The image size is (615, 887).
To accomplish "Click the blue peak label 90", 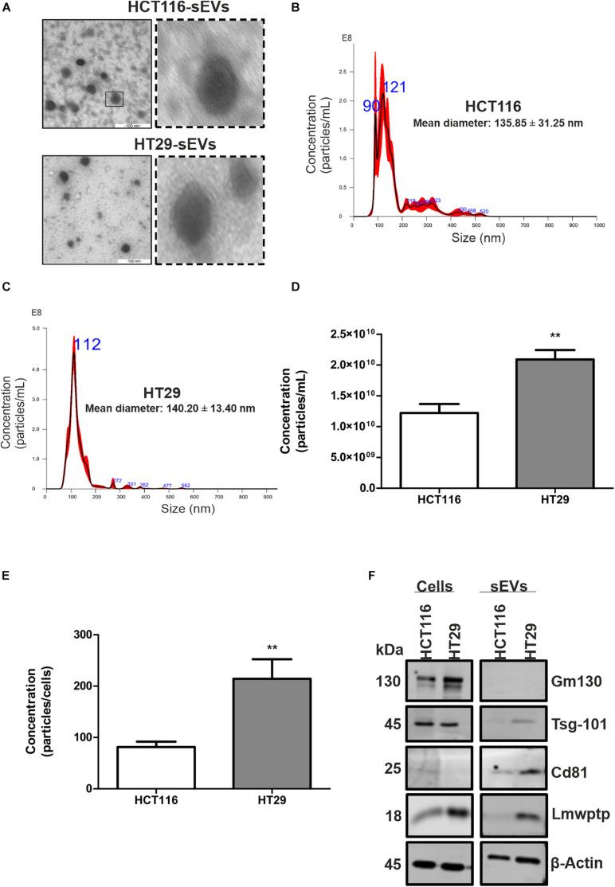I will (371, 106).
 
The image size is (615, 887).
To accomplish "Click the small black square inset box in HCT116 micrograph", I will (115, 99).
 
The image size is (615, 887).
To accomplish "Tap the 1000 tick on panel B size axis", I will (599, 225).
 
